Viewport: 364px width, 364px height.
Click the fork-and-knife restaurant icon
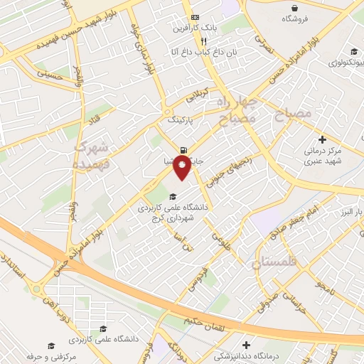tap(184, 41)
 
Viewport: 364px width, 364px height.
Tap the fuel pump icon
tap(185, 150)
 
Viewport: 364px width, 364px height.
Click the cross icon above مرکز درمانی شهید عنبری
tap(323, 139)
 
